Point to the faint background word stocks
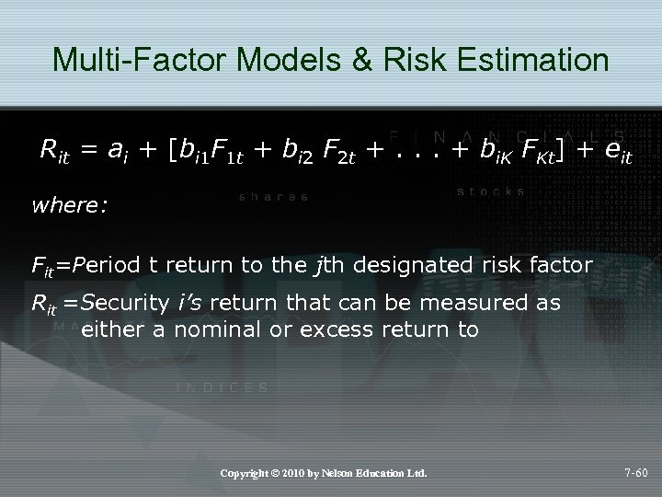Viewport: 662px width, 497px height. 490,191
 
